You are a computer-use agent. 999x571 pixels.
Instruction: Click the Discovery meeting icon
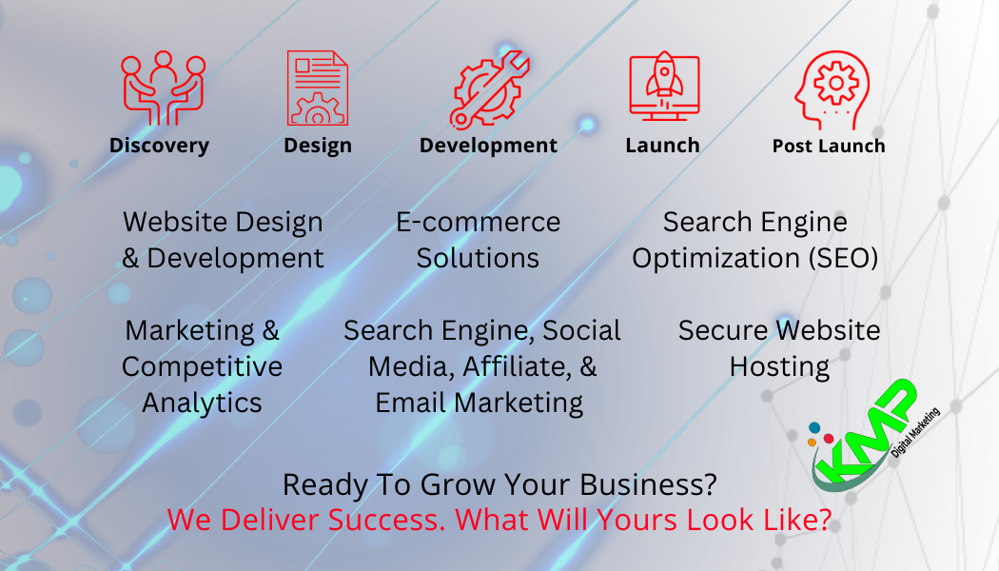pyautogui.click(x=164, y=88)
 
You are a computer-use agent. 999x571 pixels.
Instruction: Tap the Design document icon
pyautogui.click(x=317, y=88)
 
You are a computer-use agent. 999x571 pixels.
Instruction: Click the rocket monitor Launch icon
pyautogui.click(x=664, y=86)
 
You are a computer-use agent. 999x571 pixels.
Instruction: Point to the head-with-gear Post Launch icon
pyautogui.click(x=832, y=89)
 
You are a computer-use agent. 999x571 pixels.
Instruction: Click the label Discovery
pyautogui.click(x=159, y=146)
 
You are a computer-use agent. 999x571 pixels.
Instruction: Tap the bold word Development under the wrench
pyautogui.click(x=488, y=146)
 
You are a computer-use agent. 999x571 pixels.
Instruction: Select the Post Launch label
pyautogui.click(x=829, y=146)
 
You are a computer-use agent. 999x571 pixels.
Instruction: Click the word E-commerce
pyautogui.click(x=478, y=222)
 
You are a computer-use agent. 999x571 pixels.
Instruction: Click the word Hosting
pyautogui.click(x=779, y=367)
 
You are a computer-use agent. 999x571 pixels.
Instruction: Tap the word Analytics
pyautogui.click(x=202, y=404)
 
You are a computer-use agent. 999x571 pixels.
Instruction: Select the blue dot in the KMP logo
pyautogui.click(x=814, y=427)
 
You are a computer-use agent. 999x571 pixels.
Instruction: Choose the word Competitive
pyautogui.click(x=202, y=367)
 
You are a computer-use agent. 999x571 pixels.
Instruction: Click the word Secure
pyautogui.click(x=723, y=330)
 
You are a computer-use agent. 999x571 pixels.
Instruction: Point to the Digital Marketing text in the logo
pyautogui.click(x=915, y=433)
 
